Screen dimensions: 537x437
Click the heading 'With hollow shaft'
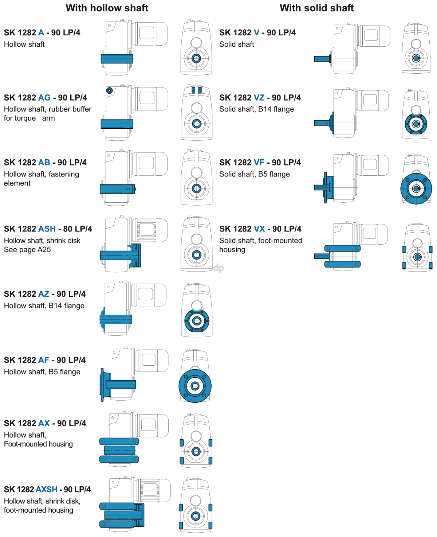pyautogui.click(x=107, y=8)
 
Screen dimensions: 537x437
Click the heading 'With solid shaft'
pyautogui.click(x=316, y=8)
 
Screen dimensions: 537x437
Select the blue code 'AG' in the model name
pyautogui.click(x=44, y=98)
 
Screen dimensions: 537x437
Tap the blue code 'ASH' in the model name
pyautogui.click(x=47, y=229)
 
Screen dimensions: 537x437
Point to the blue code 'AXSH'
pyautogui.click(x=47, y=489)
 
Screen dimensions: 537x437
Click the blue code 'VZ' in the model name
pyautogui.click(x=259, y=98)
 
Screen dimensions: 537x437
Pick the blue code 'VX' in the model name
pyautogui.click(x=259, y=229)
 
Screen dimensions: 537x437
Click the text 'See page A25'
pyautogui.click(x=27, y=250)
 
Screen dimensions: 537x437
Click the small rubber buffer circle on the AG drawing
pyautogui.click(x=109, y=90)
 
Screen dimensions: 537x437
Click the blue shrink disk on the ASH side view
pyautogui.click(x=136, y=255)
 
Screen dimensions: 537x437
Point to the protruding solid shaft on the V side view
pyautogui.click(x=322, y=59)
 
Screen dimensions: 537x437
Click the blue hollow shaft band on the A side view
pyautogui.click(x=117, y=59)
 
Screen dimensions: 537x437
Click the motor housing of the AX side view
pyautogui.click(x=153, y=425)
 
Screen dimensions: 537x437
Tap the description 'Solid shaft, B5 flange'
pyautogui.click(x=254, y=174)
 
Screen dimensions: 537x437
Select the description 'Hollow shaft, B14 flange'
pyautogui.click(x=44, y=306)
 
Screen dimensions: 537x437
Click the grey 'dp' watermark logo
pyautogui.click(x=219, y=268)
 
